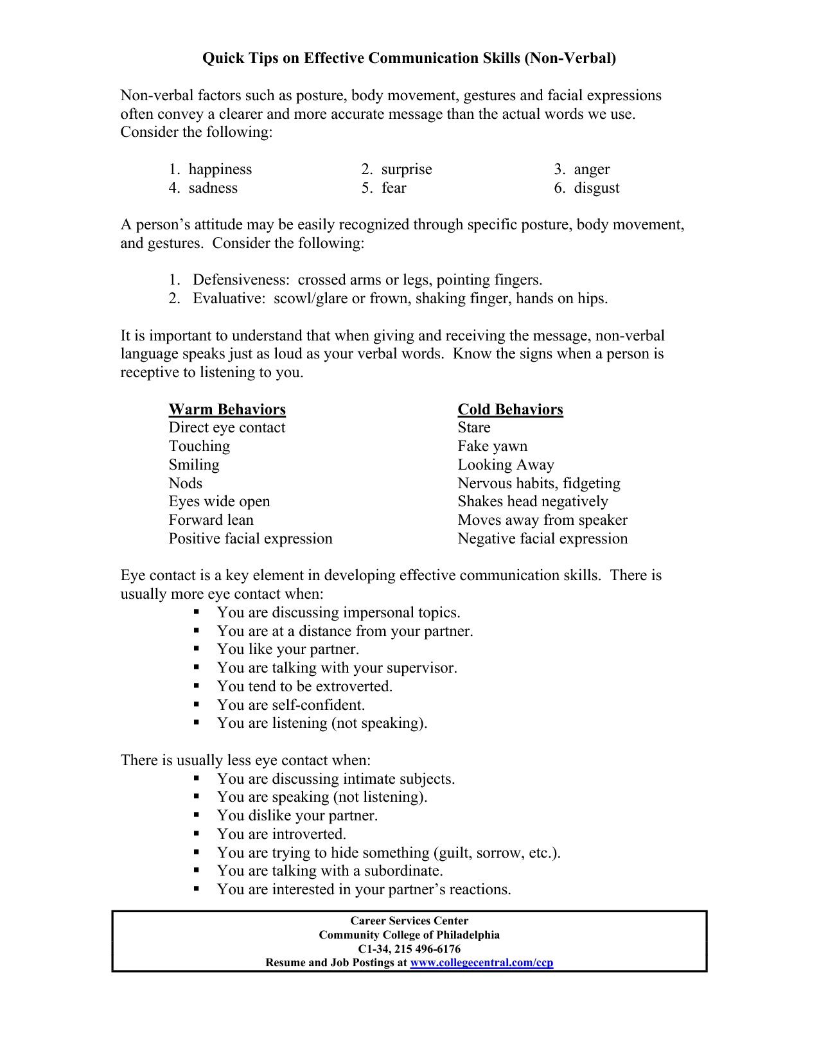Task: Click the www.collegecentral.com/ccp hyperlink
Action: coord(481,962)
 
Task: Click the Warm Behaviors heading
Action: coord(227,409)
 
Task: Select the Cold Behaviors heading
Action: coord(510,409)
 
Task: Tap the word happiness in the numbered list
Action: coord(220,169)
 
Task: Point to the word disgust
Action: coord(596,188)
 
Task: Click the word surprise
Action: coord(406,169)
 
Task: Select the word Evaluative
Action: coord(229,298)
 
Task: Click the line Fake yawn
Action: coord(492,446)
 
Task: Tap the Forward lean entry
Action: coord(211,520)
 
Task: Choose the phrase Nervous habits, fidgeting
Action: coord(538,483)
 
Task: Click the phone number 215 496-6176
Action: coord(427,949)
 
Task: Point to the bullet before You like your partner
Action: coord(197,649)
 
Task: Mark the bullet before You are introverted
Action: coord(197,834)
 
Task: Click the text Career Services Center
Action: coord(409,921)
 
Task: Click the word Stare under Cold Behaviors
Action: coord(473,427)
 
